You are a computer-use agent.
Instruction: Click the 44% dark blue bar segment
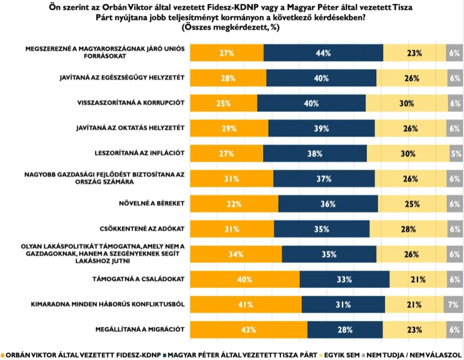click(323, 53)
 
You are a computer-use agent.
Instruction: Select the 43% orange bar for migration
click(249, 329)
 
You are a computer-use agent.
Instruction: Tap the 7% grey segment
click(452, 305)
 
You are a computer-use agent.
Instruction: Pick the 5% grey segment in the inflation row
click(456, 154)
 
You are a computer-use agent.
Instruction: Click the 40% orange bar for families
click(245, 280)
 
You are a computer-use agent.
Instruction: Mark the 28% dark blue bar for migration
click(345, 329)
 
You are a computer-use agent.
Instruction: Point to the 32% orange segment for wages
click(234, 204)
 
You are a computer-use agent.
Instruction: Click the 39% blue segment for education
click(321, 129)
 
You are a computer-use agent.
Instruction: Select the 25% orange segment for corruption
click(224, 103)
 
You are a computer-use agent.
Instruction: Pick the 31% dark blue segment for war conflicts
click(343, 305)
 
